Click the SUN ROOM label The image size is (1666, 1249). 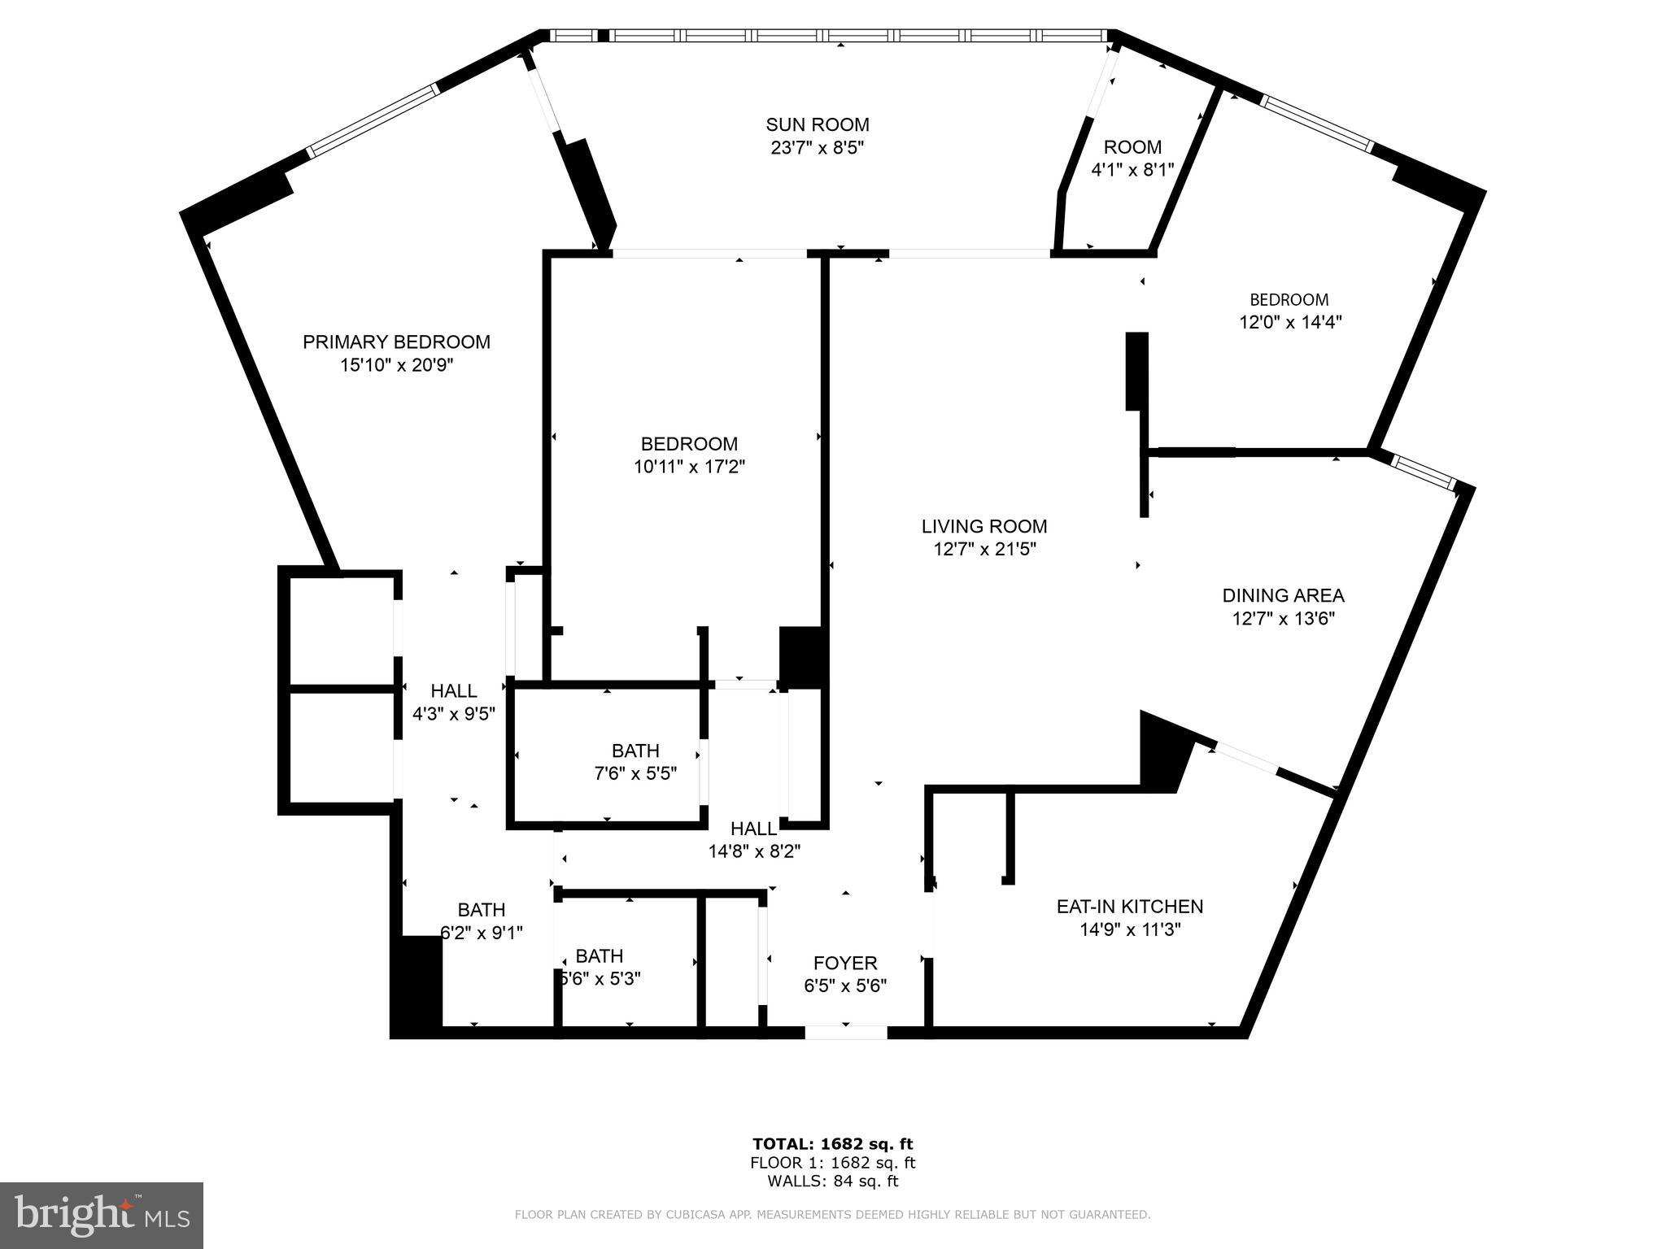(x=817, y=124)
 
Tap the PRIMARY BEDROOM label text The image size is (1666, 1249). (x=396, y=342)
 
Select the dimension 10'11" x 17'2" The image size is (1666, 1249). (x=689, y=467)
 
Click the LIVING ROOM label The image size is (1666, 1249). (x=983, y=526)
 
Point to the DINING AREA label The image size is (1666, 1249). (x=1283, y=595)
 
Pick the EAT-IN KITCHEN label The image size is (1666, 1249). (x=1129, y=906)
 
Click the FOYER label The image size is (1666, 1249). (x=845, y=963)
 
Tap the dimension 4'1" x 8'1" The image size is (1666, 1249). (x=1132, y=170)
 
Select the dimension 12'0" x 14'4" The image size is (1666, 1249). (x=1289, y=322)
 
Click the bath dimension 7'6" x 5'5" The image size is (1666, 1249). (x=635, y=773)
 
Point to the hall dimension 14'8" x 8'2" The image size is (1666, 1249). (x=754, y=851)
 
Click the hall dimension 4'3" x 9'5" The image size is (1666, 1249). (x=453, y=714)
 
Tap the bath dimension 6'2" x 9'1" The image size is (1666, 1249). (x=482, y=933)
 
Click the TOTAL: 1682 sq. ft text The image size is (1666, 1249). (x=832, y=1144)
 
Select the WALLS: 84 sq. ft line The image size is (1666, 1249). (x=832, y=1182)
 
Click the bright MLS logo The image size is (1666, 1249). (x=102, y=1216)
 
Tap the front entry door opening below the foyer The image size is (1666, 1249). (x=845, y=1032)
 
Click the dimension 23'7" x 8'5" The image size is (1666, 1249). (x=817, y=148)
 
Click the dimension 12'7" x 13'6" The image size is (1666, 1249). (x=1283, y=619)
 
